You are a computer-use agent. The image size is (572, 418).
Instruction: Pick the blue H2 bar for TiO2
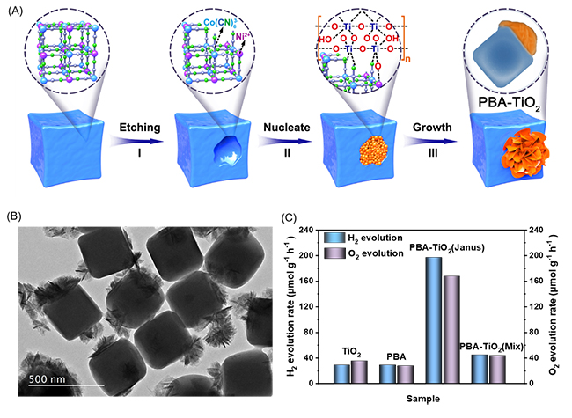pos(342,373)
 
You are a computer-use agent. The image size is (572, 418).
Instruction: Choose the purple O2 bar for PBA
pos(404,374)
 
